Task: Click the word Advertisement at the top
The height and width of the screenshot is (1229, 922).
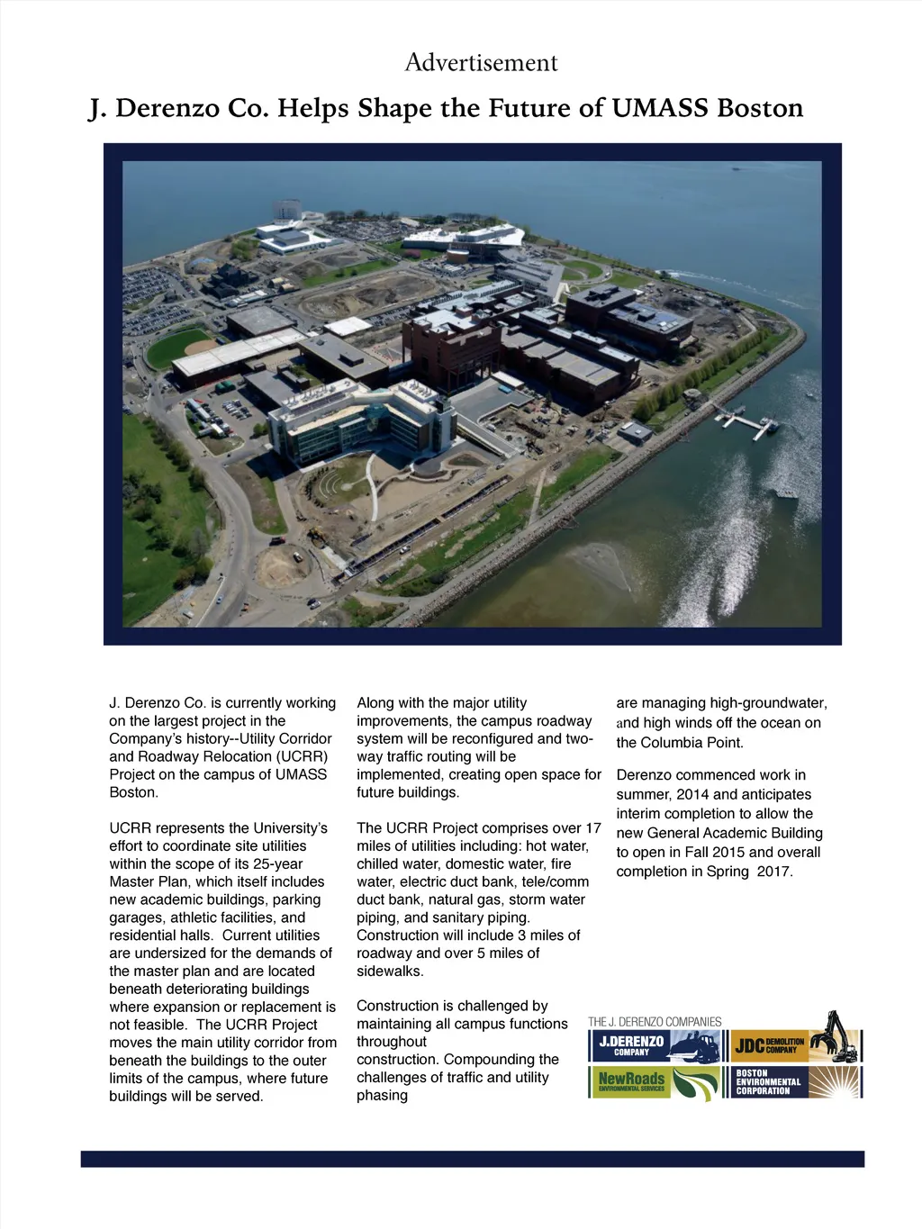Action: (x=481, y=62)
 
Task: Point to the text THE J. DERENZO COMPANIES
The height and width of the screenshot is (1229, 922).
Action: (x=655, y=1022)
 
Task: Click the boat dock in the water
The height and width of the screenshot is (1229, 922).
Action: (x=745, y=420)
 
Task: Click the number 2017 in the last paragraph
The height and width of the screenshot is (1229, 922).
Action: (x=774, y=872)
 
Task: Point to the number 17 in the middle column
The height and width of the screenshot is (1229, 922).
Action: (x=592, y=827)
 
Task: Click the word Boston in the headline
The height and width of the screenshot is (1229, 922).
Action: (x=760, y=108)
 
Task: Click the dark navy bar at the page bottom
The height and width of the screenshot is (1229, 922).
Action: (x=472, y=1159)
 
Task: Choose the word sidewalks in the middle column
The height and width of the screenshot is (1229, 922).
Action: (x=390, y=971)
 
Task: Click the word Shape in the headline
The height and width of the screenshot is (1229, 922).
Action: (x=397, y=108)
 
